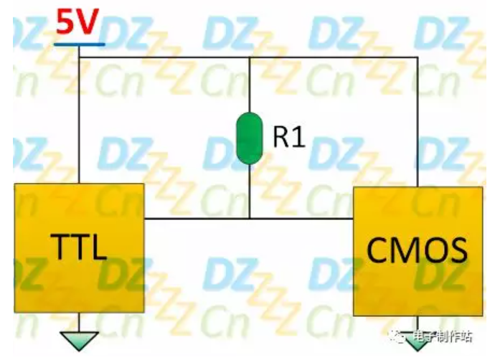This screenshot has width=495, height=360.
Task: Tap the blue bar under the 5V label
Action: pos(80,44)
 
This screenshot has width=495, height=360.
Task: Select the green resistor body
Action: pos(249,138)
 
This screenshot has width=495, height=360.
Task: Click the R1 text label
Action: pos(288,137)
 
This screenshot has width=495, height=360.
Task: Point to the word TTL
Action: pos(79,247)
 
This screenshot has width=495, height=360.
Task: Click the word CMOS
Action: pos(418,249)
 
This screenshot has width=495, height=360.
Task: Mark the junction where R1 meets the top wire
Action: pos(249,57)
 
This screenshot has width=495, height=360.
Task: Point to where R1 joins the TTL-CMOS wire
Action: pos(249,218)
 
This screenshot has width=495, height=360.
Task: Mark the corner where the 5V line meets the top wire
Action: pos(80,57)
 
